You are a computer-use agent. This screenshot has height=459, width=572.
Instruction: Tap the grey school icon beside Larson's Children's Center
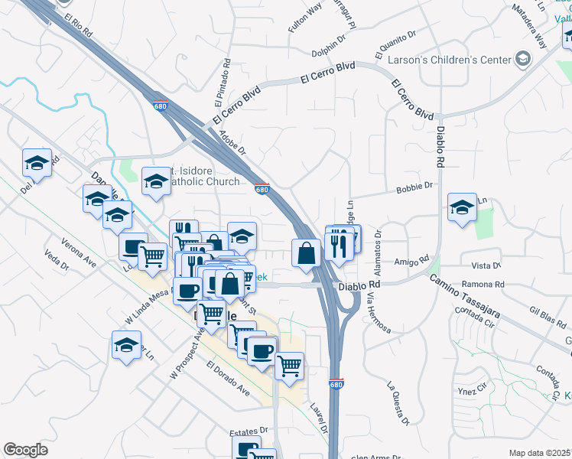click(x=523, y=59)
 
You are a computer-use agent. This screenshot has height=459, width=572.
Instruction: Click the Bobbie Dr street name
click(x=414, y=186)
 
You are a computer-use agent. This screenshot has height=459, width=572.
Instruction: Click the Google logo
click(x=25, y=451)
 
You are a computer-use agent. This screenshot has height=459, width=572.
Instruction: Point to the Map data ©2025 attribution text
click(x=539, y=453)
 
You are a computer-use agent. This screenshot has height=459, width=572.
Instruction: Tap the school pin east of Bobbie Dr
click(x=462, y=208)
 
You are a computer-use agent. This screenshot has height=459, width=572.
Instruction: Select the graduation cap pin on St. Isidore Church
click(x=156, y=182)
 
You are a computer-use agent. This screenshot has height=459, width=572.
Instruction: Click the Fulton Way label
click(x=304, y=18)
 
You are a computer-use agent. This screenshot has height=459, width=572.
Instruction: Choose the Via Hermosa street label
click(x=379, y=314)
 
